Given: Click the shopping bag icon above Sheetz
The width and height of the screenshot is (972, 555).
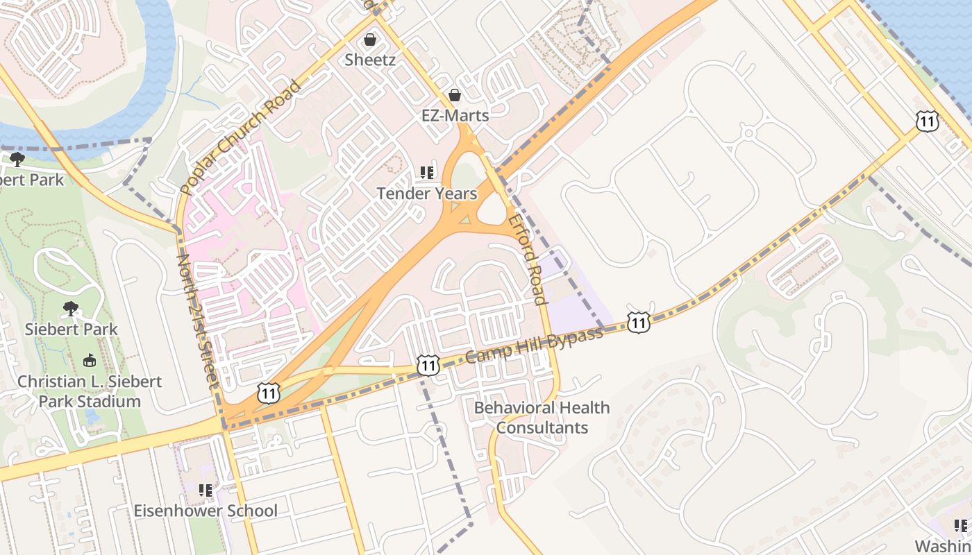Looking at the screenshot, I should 370,40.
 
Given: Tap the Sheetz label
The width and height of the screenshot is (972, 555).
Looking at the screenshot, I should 370,60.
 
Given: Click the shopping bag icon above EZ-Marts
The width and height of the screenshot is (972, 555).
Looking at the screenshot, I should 455,95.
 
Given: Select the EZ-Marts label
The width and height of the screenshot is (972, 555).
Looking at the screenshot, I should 455,115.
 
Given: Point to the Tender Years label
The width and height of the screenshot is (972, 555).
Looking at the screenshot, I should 427,194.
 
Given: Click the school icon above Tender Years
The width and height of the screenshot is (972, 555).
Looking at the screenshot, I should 427,173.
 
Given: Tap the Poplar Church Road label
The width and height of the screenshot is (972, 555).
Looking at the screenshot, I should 240,137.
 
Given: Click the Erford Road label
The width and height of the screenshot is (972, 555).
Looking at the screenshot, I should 528,259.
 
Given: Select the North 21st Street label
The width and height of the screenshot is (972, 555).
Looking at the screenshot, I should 197,321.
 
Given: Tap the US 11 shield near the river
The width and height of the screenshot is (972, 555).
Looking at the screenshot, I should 927,121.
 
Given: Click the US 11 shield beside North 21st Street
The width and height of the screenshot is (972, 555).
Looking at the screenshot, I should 269,393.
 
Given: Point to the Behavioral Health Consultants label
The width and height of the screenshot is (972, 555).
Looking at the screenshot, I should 542,418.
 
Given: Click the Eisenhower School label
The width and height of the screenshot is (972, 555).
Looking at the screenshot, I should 206,511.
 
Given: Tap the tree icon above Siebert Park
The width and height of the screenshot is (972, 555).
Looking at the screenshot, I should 70,308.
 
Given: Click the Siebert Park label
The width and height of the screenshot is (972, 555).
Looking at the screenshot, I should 72,329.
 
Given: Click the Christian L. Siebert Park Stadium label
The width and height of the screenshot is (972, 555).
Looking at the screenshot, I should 90,391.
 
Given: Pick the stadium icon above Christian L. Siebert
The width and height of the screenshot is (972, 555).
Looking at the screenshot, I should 90,361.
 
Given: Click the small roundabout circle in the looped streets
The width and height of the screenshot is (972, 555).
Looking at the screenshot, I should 748,132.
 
